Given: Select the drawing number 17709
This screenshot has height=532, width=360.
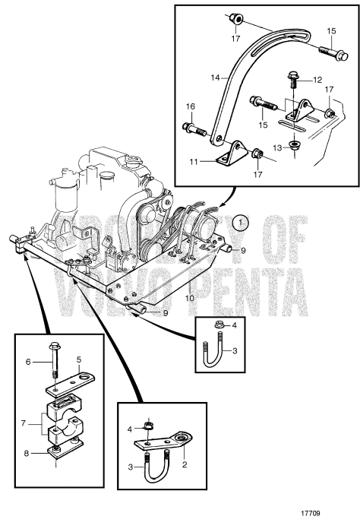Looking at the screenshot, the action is (x=311, y=513).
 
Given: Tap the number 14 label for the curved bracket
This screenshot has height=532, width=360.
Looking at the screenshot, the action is (x=215, y=78).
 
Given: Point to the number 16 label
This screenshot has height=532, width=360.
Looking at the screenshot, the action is (x=191, y=106).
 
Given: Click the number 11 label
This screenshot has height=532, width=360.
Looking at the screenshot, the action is (x=193, y=162).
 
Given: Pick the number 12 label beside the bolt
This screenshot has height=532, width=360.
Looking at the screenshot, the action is (x=317, y=80).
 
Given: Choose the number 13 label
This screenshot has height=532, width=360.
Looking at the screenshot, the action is (x=278, y=147).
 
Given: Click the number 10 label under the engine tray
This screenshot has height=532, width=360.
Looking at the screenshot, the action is (x=189, y=298).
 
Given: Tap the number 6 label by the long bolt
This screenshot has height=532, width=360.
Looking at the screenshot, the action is (x=28, y=362).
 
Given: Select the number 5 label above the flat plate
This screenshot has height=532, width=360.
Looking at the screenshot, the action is (x=79, y=359).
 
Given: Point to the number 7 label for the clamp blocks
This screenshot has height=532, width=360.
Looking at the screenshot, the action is (x=23, y=423).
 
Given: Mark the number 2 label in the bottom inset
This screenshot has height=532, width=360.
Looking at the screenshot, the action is (x=185, y=464).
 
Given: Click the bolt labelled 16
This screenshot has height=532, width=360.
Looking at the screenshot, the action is (x=194, y=128).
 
